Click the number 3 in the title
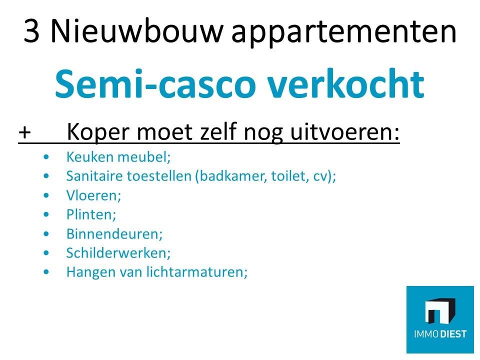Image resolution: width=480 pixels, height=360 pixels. [x=31, y=31]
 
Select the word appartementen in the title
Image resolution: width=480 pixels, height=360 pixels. [x=344, y=33]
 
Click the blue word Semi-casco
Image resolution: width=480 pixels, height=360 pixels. [x=155, y=83]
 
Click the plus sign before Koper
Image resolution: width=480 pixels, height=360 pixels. [x=24, y=132]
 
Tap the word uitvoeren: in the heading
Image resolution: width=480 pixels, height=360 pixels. [x=344, y=132]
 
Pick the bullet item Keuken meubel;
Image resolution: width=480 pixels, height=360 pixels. [x=118, y=157]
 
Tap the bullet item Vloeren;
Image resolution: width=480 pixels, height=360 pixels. [x=93, y=195]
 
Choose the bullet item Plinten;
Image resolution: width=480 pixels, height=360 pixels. [x=91, y=214]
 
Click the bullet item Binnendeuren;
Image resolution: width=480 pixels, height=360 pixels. [x=114, y=234]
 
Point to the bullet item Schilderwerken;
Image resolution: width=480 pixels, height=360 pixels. [x=118, y=253]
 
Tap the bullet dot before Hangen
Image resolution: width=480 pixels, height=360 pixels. [x=46, y=272]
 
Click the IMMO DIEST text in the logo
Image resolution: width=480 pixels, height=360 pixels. [x=440, y=333]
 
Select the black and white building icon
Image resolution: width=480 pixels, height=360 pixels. [x=440, y=310]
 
